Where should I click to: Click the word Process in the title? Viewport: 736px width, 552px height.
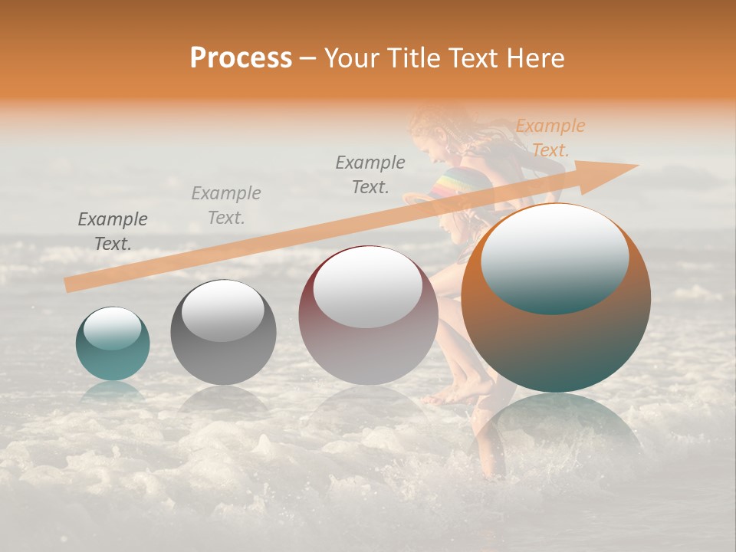click(241, 58)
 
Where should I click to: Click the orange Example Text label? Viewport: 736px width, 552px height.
click(550, 138)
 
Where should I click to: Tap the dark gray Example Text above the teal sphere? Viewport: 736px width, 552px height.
click(113, 232)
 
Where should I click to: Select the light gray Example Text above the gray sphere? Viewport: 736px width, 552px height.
click(226, 205)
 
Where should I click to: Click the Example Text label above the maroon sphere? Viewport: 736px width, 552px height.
click(370, 174)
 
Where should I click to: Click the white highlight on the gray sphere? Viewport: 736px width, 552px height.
click(223, 309)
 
